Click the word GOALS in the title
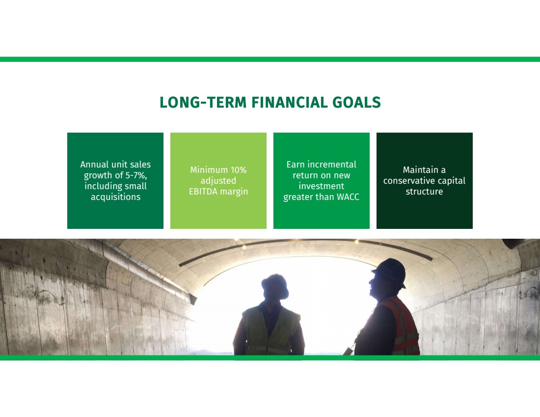point(356,102)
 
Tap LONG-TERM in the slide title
point(203,102)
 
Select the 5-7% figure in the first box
point(135,175)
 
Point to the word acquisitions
point(115,197)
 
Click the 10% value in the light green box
point(238,170)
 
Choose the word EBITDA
point(203,191)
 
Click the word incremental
point(332,165)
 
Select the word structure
point(424,191)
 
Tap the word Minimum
point(209,170)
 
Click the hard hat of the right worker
point(390,271)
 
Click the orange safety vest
point(401,326)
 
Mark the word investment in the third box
point(322,186)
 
